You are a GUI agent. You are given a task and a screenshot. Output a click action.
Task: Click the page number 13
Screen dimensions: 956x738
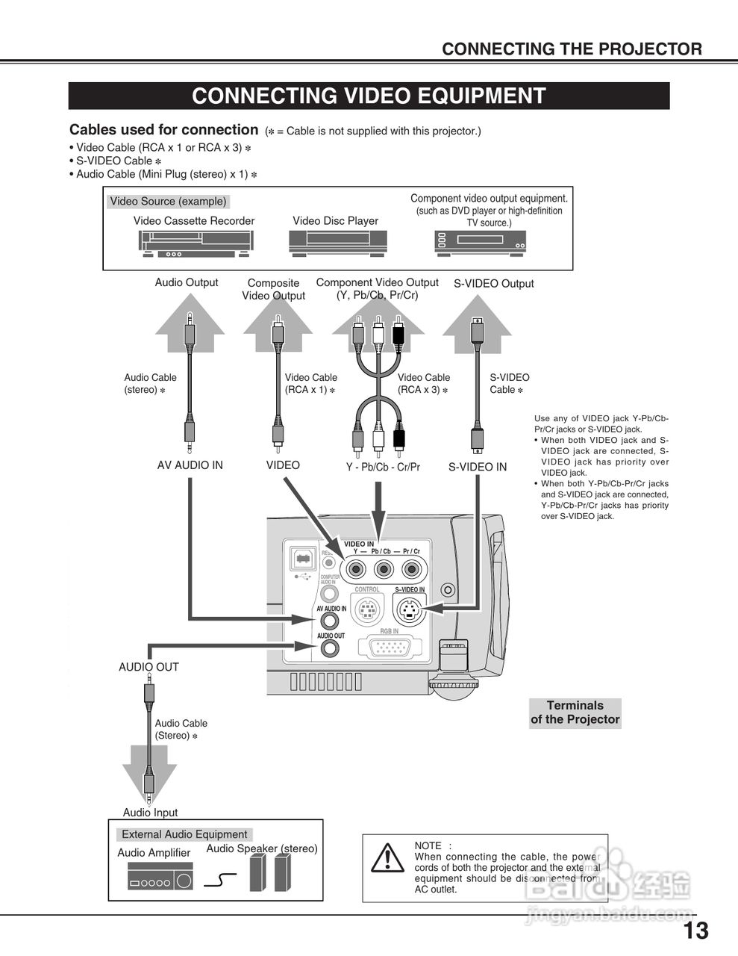click(695, 931)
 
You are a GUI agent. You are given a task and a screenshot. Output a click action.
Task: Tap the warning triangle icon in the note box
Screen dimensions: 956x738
click(387, 859)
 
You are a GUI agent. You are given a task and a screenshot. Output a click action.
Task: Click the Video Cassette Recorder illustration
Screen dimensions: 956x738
click(196, 243)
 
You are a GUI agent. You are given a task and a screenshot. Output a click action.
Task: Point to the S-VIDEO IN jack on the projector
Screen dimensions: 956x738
click(408, 612)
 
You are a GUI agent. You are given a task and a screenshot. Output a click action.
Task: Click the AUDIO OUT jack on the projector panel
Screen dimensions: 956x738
click(330, 648)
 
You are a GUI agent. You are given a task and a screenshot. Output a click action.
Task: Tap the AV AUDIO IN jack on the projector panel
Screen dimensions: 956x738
click(330, 621)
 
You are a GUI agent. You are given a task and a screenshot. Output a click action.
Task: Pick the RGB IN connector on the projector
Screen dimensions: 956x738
click(390, 647)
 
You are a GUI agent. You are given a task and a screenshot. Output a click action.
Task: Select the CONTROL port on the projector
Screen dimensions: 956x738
click(366, 612)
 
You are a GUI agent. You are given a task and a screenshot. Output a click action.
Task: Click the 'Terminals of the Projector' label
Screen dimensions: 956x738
click(575, 713)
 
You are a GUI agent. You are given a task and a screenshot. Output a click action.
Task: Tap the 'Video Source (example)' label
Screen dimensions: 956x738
click(168, 202)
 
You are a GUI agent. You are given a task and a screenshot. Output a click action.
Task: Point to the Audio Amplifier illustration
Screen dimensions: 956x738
click(160, 876)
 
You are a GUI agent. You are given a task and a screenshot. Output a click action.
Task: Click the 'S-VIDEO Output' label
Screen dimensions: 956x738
click(493, 284)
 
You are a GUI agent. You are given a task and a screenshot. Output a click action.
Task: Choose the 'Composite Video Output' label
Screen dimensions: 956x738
click(273, 289)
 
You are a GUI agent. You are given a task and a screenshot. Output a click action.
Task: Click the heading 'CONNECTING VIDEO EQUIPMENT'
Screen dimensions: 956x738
click(369, 96)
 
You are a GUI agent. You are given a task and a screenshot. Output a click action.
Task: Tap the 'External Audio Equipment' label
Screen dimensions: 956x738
click(184, 834)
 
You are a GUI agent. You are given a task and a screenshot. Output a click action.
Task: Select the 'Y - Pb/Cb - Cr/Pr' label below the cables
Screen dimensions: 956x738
click(383, 467)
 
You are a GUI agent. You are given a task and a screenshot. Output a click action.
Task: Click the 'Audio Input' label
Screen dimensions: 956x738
click(150, 813)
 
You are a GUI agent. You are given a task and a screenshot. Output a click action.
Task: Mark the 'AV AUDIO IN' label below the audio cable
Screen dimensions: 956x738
click(190, 465)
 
